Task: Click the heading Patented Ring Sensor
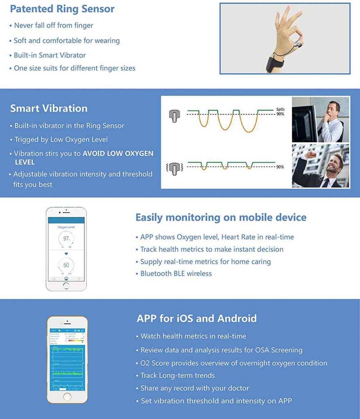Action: (62, 9)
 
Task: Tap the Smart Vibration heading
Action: (49, 108)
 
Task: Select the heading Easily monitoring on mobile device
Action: (221, 217)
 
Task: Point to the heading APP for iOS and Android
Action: (197, 318)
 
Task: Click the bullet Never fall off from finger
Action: (54, 25)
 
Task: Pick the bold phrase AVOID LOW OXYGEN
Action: (118, 154)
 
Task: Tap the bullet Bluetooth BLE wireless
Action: (176, 273)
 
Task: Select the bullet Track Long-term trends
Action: (178, 375)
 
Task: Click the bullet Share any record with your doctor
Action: (195, 388)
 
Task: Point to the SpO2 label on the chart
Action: (281, 110)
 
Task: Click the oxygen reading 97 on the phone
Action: (66, 238)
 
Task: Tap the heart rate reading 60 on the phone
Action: (66, 265)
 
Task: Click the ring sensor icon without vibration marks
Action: (174, 116)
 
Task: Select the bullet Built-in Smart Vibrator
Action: (50, 55)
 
